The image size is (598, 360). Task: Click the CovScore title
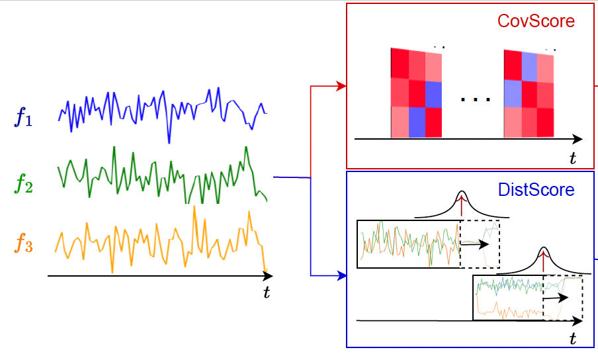(x=536, y=21)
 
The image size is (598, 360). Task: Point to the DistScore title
(x=536, y=190)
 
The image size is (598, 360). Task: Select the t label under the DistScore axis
(x=573, y=338)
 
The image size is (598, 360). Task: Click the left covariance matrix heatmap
(x=416, y=93)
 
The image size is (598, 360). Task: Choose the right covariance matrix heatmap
(x=529, y=93)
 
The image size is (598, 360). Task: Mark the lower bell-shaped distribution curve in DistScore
(x=544, y=262)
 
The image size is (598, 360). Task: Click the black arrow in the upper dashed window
(x=471, y=244)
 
